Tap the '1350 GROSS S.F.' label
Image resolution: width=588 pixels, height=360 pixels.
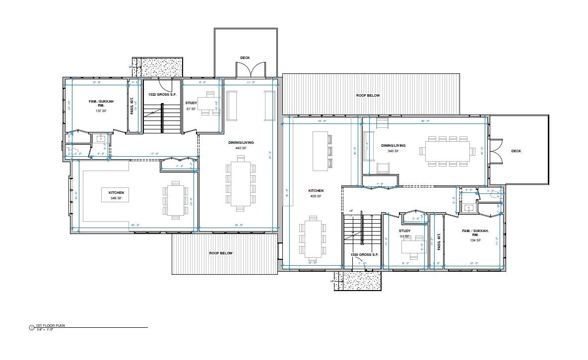364,254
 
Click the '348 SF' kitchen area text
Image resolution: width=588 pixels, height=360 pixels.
116,198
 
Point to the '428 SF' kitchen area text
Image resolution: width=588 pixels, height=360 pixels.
316,196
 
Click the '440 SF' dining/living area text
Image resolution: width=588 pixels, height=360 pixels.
241,148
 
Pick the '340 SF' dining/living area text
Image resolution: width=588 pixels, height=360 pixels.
393,151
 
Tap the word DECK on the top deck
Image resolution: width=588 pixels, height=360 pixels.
245,58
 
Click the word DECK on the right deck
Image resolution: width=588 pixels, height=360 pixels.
516,151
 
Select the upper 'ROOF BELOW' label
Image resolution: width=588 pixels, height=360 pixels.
368,95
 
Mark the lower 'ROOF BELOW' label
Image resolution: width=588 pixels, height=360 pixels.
220,253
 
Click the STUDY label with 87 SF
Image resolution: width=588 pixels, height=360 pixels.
191,103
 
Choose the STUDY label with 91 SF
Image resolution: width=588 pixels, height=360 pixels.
404,231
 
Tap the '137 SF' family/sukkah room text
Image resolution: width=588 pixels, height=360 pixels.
101,111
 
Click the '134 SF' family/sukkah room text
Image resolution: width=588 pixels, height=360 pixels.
475,240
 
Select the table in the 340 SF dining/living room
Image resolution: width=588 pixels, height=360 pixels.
447,151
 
